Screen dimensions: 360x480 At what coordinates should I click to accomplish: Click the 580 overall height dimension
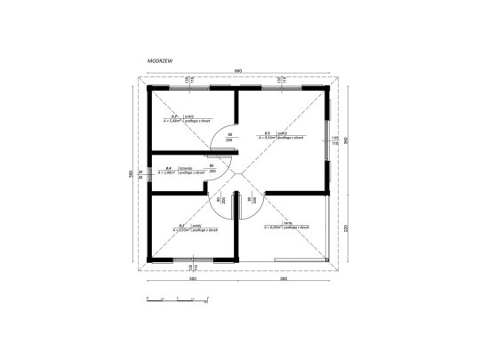click(x=131, y=173)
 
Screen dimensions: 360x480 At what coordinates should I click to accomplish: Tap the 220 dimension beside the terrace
click(x=348, y=227)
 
